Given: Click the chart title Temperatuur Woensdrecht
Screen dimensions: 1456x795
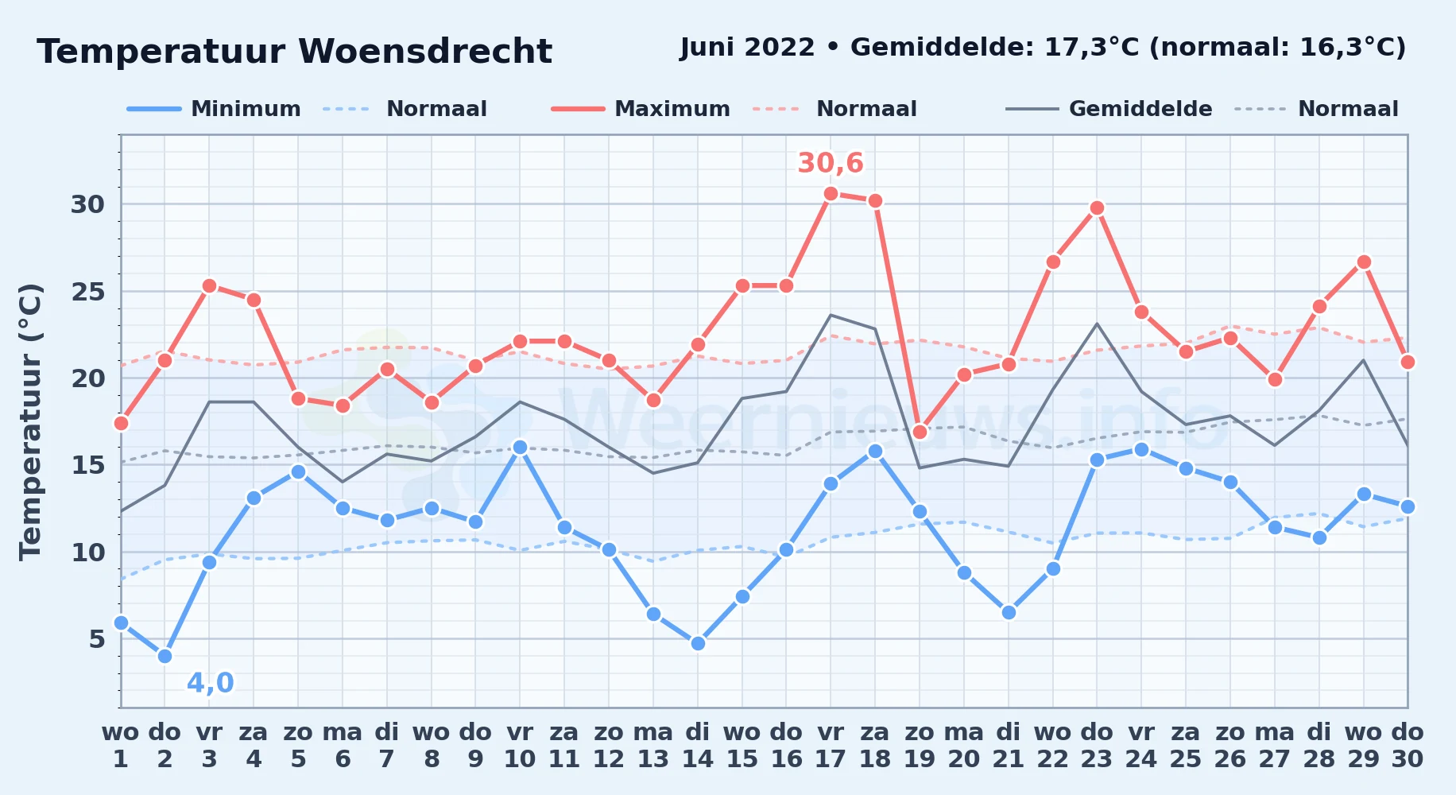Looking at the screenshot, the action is coord(294,52).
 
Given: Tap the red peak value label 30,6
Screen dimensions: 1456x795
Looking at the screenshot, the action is coord(831,163).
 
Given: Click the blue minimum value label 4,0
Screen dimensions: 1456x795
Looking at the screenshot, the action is coord(211,683).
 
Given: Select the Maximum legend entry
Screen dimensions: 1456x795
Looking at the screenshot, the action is coord(641,109).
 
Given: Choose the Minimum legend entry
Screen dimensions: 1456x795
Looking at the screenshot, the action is coord(214,109).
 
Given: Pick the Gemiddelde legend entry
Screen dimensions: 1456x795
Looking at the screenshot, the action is coord(1109,109).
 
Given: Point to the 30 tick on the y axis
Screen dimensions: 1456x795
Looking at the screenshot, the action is coord(87,204).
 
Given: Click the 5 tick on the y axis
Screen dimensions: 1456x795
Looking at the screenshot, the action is coord(97,638).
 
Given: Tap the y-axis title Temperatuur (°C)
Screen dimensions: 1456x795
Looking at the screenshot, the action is coord(30,421).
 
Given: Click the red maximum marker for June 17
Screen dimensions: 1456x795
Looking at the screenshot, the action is coord(831,193).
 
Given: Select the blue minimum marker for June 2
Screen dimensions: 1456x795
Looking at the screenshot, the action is coord(165,656).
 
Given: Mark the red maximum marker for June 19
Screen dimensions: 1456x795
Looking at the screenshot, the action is coord(920,432).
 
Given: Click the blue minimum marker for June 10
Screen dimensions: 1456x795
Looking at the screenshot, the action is coord(520,448).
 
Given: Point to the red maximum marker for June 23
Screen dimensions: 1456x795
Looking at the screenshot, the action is coord(1097,207).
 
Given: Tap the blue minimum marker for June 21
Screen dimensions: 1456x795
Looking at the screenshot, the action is coord(1009,612).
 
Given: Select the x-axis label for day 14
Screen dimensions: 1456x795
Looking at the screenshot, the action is coord(698,745).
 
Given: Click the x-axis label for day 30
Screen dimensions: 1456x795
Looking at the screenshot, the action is coord(1408,745).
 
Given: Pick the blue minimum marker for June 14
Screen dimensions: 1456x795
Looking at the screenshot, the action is coord(698,643).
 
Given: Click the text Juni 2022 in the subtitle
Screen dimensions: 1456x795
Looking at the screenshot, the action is coord(747,48).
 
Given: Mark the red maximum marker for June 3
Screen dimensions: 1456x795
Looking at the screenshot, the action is coord(209,285).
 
